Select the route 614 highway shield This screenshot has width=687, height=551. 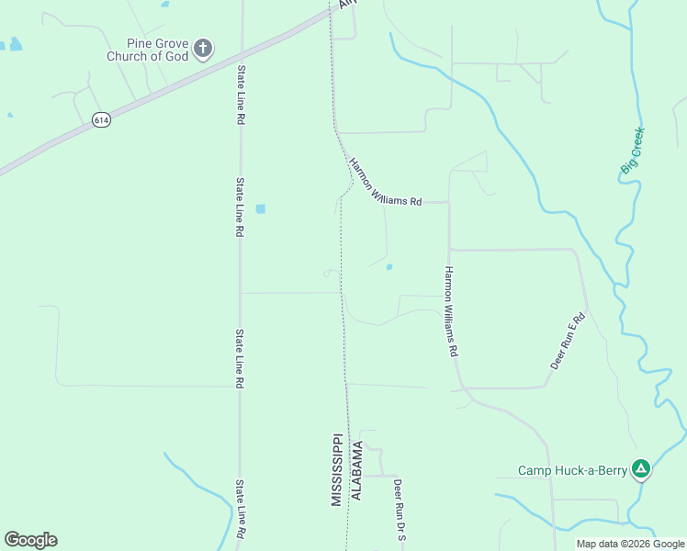pyautogui.click(x=101, y=120)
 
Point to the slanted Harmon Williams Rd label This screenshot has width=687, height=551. pyautogui.click(x=385, y=183)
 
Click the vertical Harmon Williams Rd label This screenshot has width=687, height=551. pyautogui.click(x=450, y=312)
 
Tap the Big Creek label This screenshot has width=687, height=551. pyautogui.click(x=633, y=151)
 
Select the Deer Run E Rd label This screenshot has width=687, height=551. pyautogui.click(x=568, y=341)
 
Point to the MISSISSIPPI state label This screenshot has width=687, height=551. pyautogui.click(x=337, y=469)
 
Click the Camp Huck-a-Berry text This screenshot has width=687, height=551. pyautogui.click(x=572, y=471)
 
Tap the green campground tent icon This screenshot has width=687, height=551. pyautogui.click(x=642, y=470)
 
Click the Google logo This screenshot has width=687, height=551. pyautogui.click(x=30, y=540)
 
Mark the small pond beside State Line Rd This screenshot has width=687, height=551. pyautogui.click(x=261, y=208)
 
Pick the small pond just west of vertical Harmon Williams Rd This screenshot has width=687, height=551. pyautogui.click(x=389, y=267)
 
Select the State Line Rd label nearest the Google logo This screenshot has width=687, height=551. pyautogui.click(x=240, y=510)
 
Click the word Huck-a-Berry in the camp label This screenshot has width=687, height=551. pyautogui.click(x=591, y=471)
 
